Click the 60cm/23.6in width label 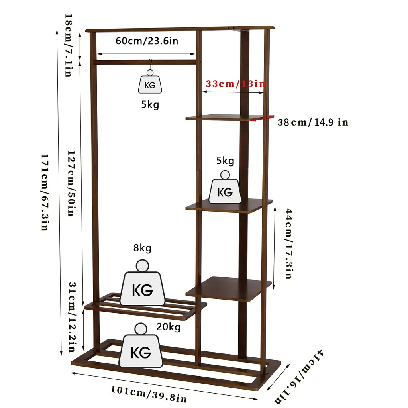click(147, 41)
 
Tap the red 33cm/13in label click(235, 84)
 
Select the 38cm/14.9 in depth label click(313, 122)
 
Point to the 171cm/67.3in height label click(45, 192)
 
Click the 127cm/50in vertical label click(71, 183)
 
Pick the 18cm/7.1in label click(68, 45)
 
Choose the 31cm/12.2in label click(73, 317)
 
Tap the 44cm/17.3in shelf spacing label click(289, 243)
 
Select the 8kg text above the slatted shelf click(142, 248)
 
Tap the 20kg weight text click(169, 327)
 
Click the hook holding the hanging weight click(150, 65)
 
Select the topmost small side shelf click(229, 118)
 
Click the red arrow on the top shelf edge click(263, 118)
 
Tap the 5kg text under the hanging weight click(150, 105)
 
